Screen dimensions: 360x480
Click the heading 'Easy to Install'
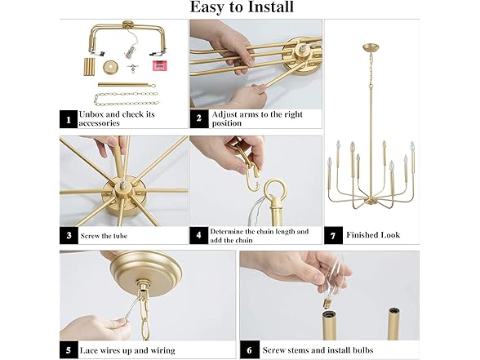point(241,8)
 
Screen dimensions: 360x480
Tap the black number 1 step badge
point(69,119)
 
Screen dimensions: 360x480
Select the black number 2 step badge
point(199,118)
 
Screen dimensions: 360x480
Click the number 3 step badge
point(69,236)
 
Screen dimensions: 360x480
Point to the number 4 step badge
point(199,236)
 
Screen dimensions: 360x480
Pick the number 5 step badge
point(69,350)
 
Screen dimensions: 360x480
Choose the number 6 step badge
point(249,350)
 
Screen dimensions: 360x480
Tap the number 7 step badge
point(333,234)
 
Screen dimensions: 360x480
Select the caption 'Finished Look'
point(373,235)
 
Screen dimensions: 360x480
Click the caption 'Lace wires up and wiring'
point(127,351)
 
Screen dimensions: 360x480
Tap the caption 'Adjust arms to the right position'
point(257,119)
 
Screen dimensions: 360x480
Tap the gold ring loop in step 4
point(274,192)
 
